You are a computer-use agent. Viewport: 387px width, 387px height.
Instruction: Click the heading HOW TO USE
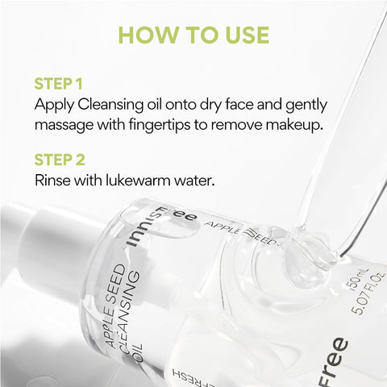click(193, 35)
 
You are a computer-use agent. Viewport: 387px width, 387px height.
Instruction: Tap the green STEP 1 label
click(57, 84)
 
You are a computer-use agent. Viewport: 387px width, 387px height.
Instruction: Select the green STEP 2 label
click(58, 159)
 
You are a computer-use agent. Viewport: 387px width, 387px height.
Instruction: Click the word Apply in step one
click(53, 105)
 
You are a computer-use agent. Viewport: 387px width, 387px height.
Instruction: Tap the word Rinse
click(53, 180)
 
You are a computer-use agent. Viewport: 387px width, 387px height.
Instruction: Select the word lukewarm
click(139, 180)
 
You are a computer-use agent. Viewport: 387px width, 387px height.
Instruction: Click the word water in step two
click(196, 180)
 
